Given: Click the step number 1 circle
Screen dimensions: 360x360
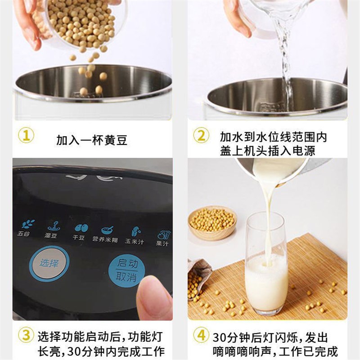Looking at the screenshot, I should (26, 135).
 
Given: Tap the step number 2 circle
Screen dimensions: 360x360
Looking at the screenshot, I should (201, 135).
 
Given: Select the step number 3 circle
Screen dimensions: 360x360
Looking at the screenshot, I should (26, 335).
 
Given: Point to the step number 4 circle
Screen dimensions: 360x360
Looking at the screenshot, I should (201, 335).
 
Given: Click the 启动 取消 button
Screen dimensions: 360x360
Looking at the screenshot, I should (126, 270).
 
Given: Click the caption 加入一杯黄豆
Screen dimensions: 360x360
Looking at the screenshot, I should (92, 140).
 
